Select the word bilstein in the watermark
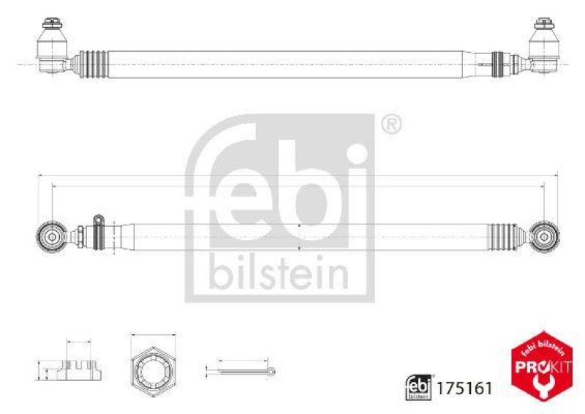(280, 272)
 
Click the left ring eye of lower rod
(51, 236)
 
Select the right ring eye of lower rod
(545, 236)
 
